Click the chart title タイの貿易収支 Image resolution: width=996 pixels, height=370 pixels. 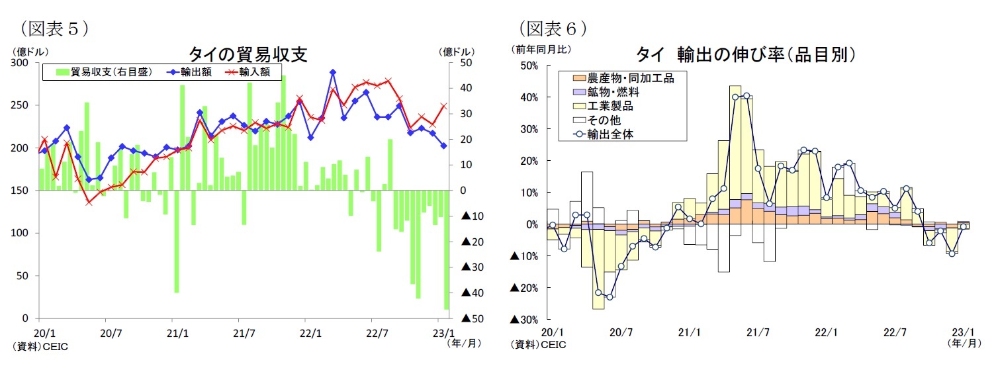(x=248, y=54)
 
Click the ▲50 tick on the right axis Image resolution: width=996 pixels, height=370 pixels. (x=474, y=318)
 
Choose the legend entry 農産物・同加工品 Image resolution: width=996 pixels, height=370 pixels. (x=629, y=78)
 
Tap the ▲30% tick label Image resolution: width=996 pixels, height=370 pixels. (x=524, y=320)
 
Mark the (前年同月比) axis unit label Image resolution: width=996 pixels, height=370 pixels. (x=539, y=48)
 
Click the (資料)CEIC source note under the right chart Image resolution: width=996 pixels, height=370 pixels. (x=537, y=344)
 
